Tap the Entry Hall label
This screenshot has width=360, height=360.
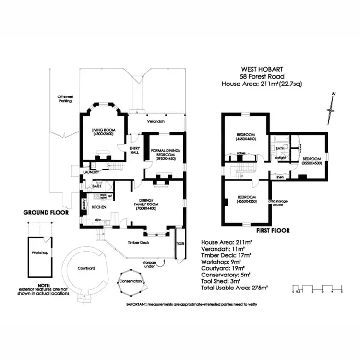coord(135,150)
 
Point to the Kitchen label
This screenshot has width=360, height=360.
coord(98,207)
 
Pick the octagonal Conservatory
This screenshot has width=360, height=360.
coord(131,281)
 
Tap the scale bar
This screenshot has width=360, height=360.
coord(317,289)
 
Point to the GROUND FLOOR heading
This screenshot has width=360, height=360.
coord(46,212)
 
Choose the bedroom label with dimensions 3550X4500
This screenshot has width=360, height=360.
coord(312,160)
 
